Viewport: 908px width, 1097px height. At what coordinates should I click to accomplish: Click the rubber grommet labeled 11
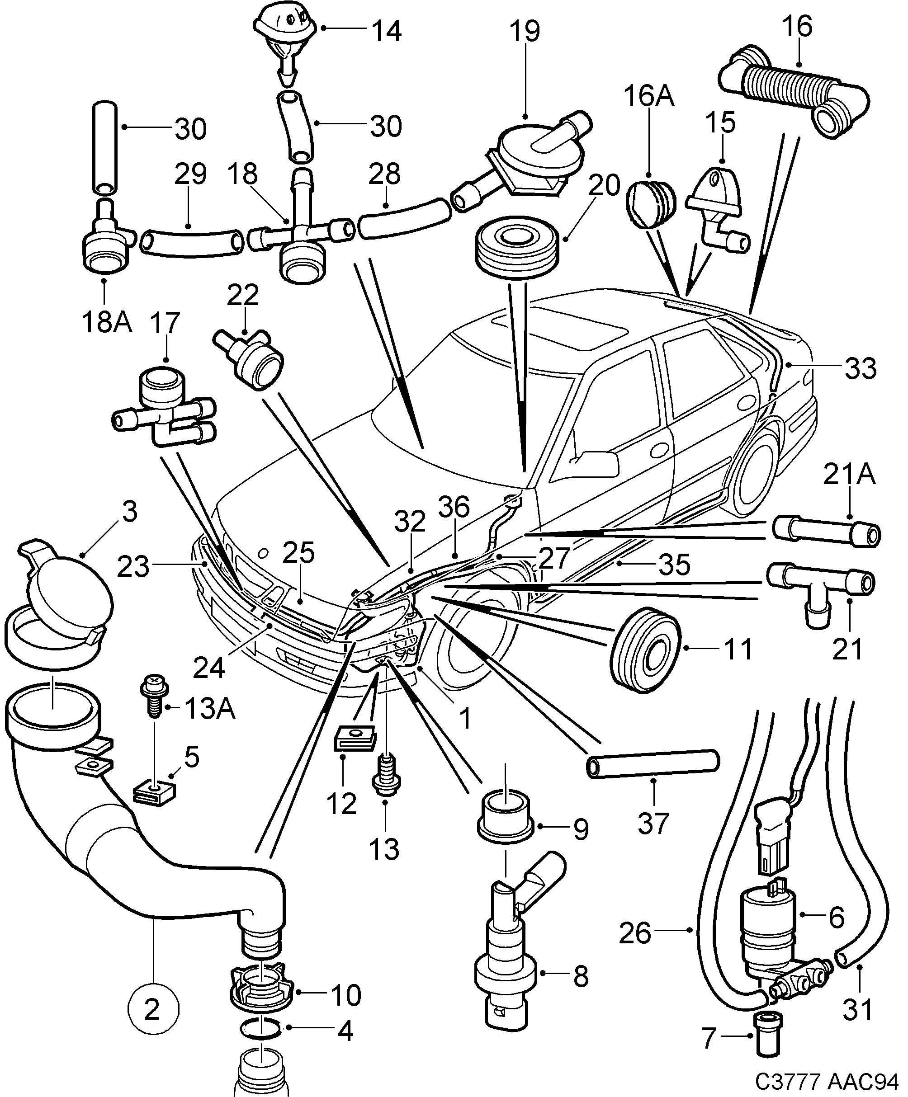[x=645, y=650]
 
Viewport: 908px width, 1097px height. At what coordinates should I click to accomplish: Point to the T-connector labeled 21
[x=818, y=589]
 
